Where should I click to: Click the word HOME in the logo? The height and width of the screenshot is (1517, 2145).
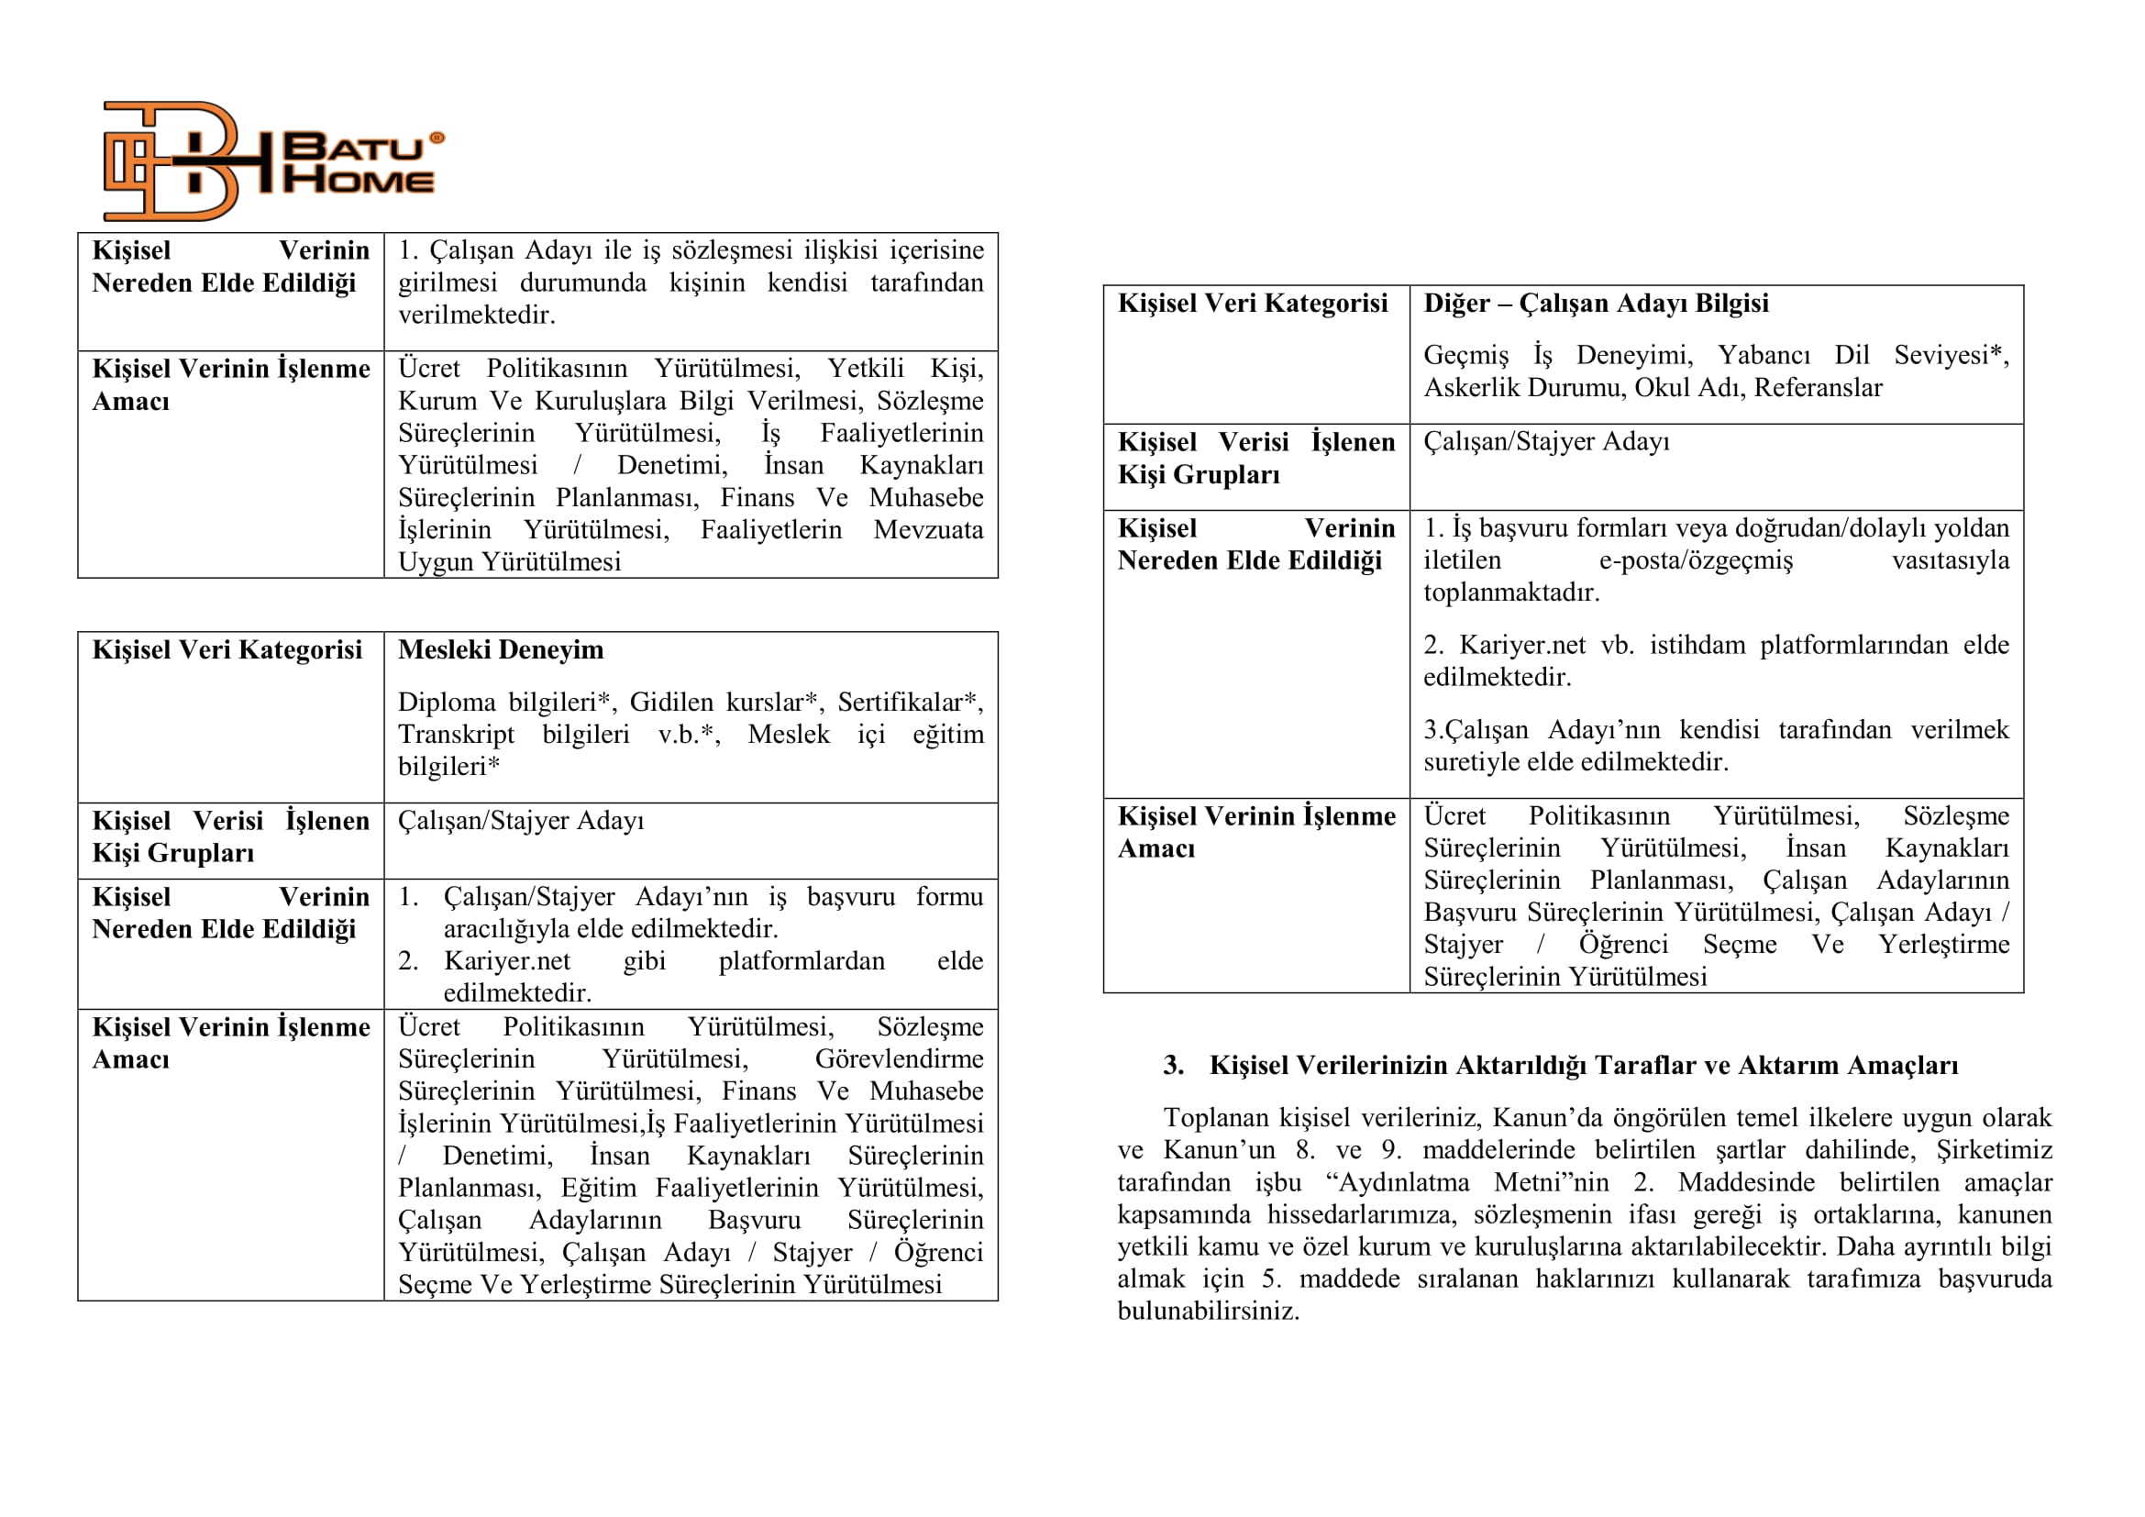click(359, 180)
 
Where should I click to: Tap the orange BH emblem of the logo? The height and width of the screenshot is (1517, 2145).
click(172, 161)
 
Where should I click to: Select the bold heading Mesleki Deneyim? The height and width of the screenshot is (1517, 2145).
click(501, 649)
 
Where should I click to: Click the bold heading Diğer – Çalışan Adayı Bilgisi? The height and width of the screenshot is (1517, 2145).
click(1596, 303)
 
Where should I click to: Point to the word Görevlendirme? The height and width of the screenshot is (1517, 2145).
click(899, 1058)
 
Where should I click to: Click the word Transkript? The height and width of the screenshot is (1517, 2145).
click(456, 735)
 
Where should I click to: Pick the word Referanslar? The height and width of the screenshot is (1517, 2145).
click(1818, 388)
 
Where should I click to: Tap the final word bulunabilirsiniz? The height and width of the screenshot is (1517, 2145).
click(1208, 1312)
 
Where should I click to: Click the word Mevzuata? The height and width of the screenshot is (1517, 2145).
click(928, 529)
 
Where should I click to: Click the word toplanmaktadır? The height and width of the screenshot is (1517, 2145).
click(1510, 592)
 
